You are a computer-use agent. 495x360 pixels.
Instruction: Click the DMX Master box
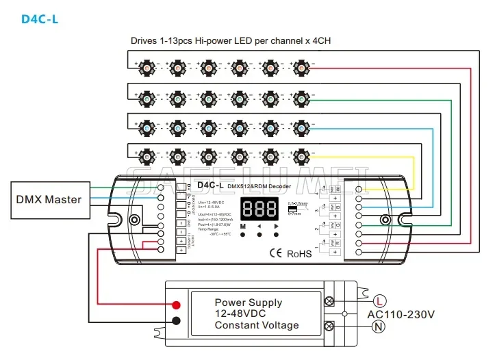click(x=49, y=200)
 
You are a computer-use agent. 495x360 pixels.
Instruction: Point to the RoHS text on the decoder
click(x=299, y=253)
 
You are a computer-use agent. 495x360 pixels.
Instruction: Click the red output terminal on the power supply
click(x=176, y=305)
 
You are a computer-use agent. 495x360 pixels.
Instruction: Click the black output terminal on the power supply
click(x=176, y=321)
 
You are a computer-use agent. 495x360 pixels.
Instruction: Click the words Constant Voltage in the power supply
click(x=256, y=326)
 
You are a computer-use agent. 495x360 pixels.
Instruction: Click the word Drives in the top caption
click(x=144, y=40)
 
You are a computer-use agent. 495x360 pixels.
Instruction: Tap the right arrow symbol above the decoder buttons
click(x=277, y=225)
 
